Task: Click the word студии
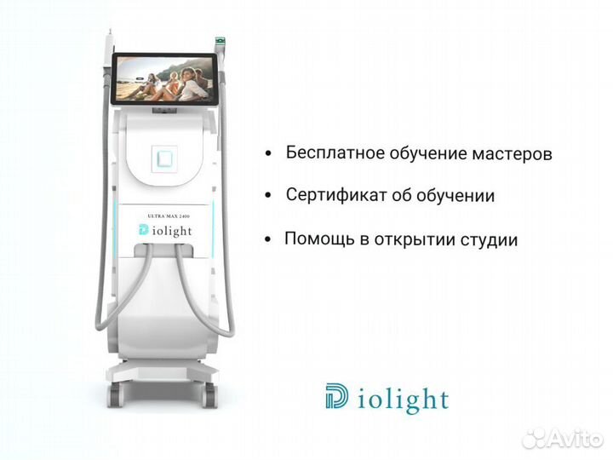click(489, 239)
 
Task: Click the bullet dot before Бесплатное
click(268, 155)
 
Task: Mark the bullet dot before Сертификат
click(268, 196)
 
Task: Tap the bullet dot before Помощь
click(268, 239)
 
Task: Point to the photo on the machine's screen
click(165, 79)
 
